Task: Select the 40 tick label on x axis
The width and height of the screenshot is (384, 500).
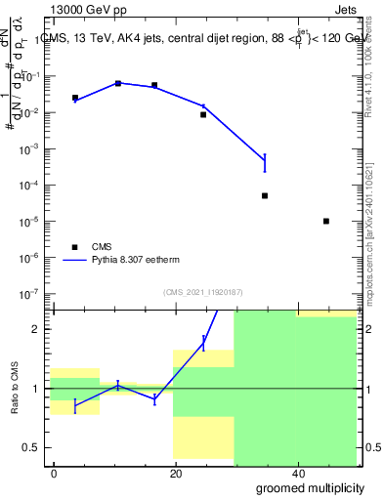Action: (298, 473)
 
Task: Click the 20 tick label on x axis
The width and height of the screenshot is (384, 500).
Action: (176, 473)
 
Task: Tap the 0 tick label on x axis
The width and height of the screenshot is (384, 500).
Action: (54, 473)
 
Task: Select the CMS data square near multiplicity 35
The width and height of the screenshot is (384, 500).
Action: (265, 195)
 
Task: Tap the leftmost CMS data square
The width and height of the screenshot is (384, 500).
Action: (75, 98)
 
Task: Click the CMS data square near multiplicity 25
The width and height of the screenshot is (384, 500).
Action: (203, 114)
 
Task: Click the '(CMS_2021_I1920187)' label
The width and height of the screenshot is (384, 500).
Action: (202, 292)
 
